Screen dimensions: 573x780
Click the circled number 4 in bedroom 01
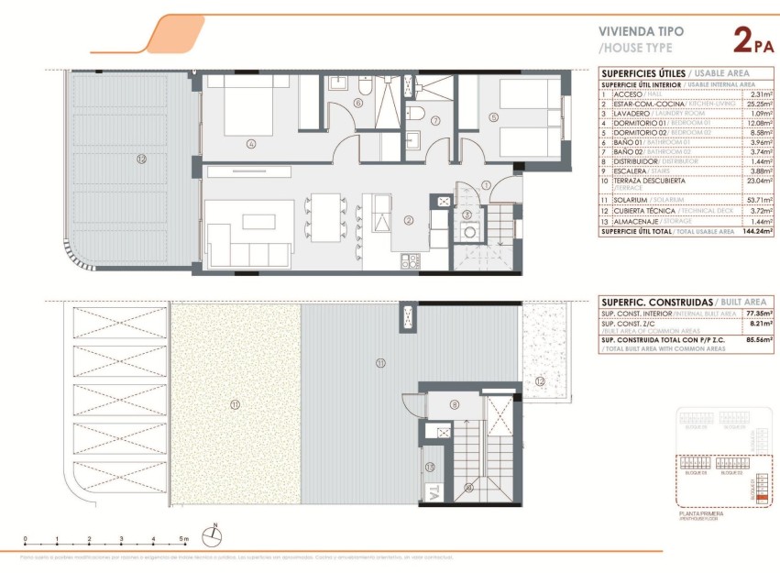tap(250, 143)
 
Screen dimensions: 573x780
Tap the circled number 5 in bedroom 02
tap(493, 116)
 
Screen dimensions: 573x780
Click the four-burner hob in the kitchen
tap(409, 261)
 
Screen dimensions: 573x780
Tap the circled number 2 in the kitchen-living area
tap(409, 220)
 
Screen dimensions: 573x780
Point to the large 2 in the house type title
tap(745, 40)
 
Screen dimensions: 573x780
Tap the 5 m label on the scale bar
tap(184, 539)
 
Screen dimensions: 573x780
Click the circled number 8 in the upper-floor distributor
tap(454, 404)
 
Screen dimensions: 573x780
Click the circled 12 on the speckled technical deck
tap(540, 380)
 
